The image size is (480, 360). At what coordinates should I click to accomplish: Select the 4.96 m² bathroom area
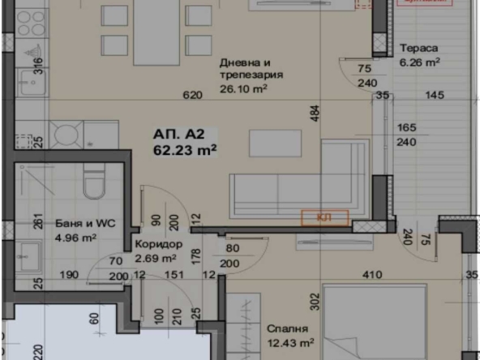75,238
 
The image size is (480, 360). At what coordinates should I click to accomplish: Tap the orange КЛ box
324,216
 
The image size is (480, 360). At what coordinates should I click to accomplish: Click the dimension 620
192,95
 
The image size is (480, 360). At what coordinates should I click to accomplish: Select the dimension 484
314,114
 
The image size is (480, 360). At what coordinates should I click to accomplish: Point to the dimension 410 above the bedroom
372,275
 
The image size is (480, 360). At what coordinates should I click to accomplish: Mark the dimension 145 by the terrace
435,96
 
